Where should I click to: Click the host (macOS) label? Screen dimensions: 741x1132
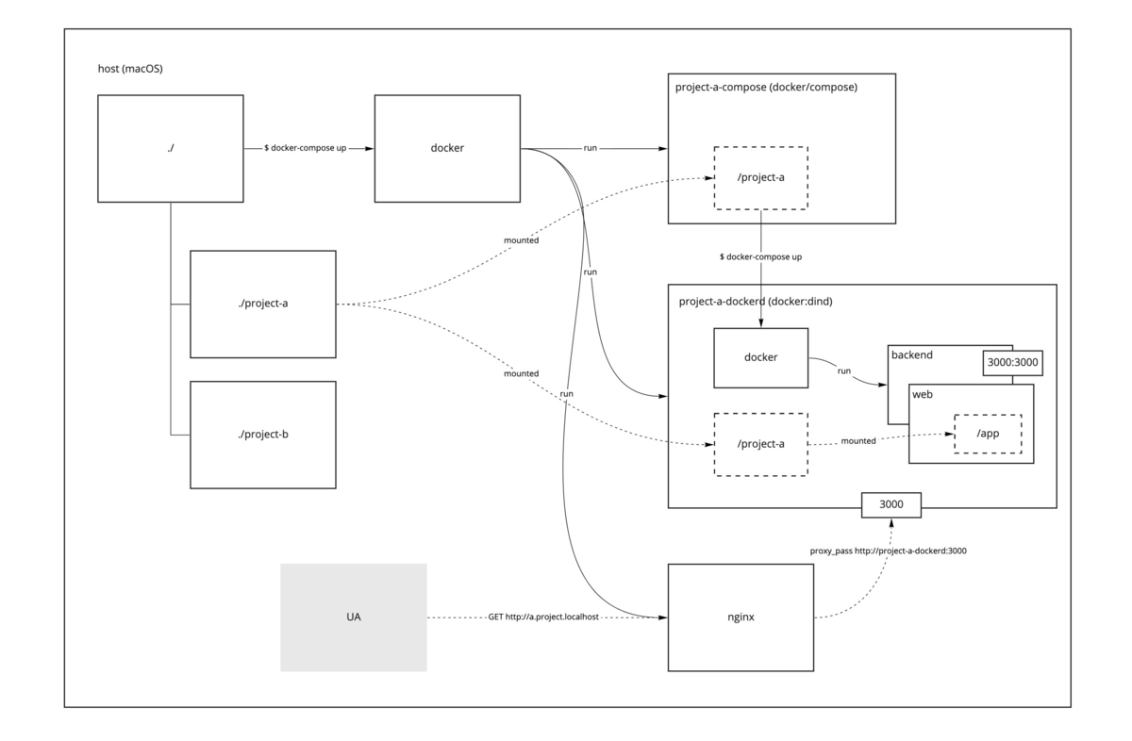point(131,69)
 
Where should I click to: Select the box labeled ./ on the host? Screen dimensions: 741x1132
point(171,148)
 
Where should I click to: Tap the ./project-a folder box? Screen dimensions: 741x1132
point(262,304)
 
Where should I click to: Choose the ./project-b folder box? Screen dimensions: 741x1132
point(262,435)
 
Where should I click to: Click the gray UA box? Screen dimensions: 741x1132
point(353,617)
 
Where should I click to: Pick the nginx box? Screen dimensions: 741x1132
point(741,617)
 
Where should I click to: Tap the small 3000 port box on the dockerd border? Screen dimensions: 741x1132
point(891,504)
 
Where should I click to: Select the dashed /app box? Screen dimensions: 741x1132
point(988,434)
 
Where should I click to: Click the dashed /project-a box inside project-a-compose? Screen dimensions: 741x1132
point(760,177)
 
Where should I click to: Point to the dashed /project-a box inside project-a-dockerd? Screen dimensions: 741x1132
point(760,443)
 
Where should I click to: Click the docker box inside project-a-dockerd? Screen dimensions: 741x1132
point(760,358)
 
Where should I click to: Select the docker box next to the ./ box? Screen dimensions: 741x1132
point(447,148)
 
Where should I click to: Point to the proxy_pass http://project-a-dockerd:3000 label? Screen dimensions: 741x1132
point(888,551)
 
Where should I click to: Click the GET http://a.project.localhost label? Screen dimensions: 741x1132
point(543,617)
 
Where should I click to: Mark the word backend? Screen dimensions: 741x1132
point(912,355)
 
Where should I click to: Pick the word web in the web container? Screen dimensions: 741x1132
point(923,393)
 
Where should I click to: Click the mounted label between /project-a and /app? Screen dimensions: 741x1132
point(857,440)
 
